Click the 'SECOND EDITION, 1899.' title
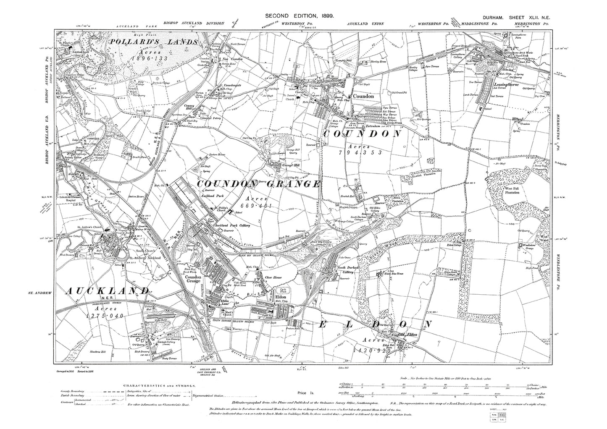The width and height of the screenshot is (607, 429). [x=300, y=16]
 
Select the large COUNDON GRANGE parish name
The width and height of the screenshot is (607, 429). [x=259, y=184]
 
